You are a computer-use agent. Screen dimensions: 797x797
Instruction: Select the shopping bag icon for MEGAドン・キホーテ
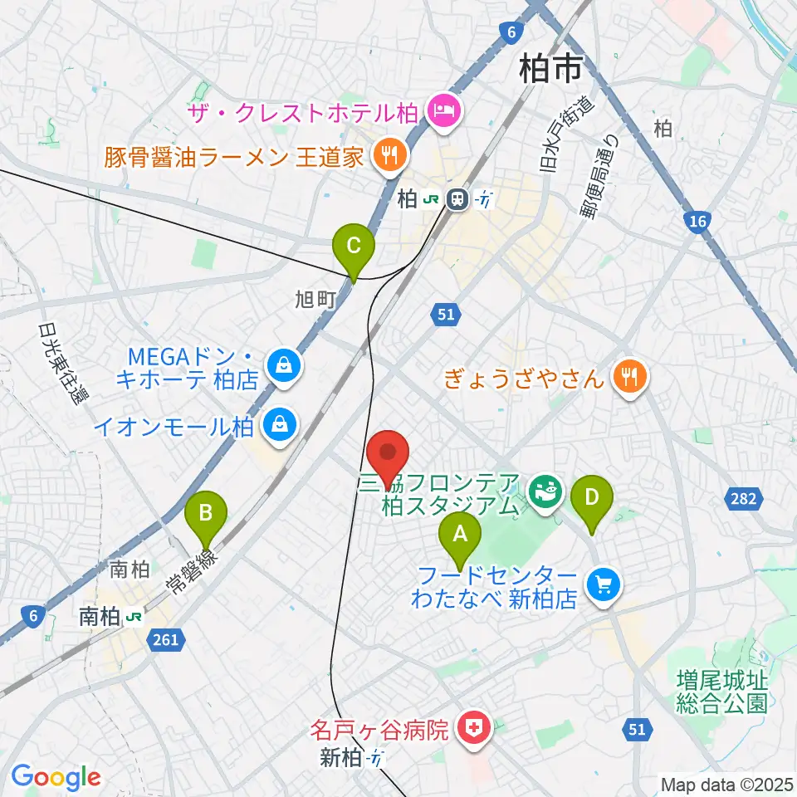(284, 364)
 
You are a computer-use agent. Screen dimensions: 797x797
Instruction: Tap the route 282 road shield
(744, 498)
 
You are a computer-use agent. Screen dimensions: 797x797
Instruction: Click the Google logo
(56, 778)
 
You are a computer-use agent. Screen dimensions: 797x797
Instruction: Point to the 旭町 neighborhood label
(316, 300)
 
